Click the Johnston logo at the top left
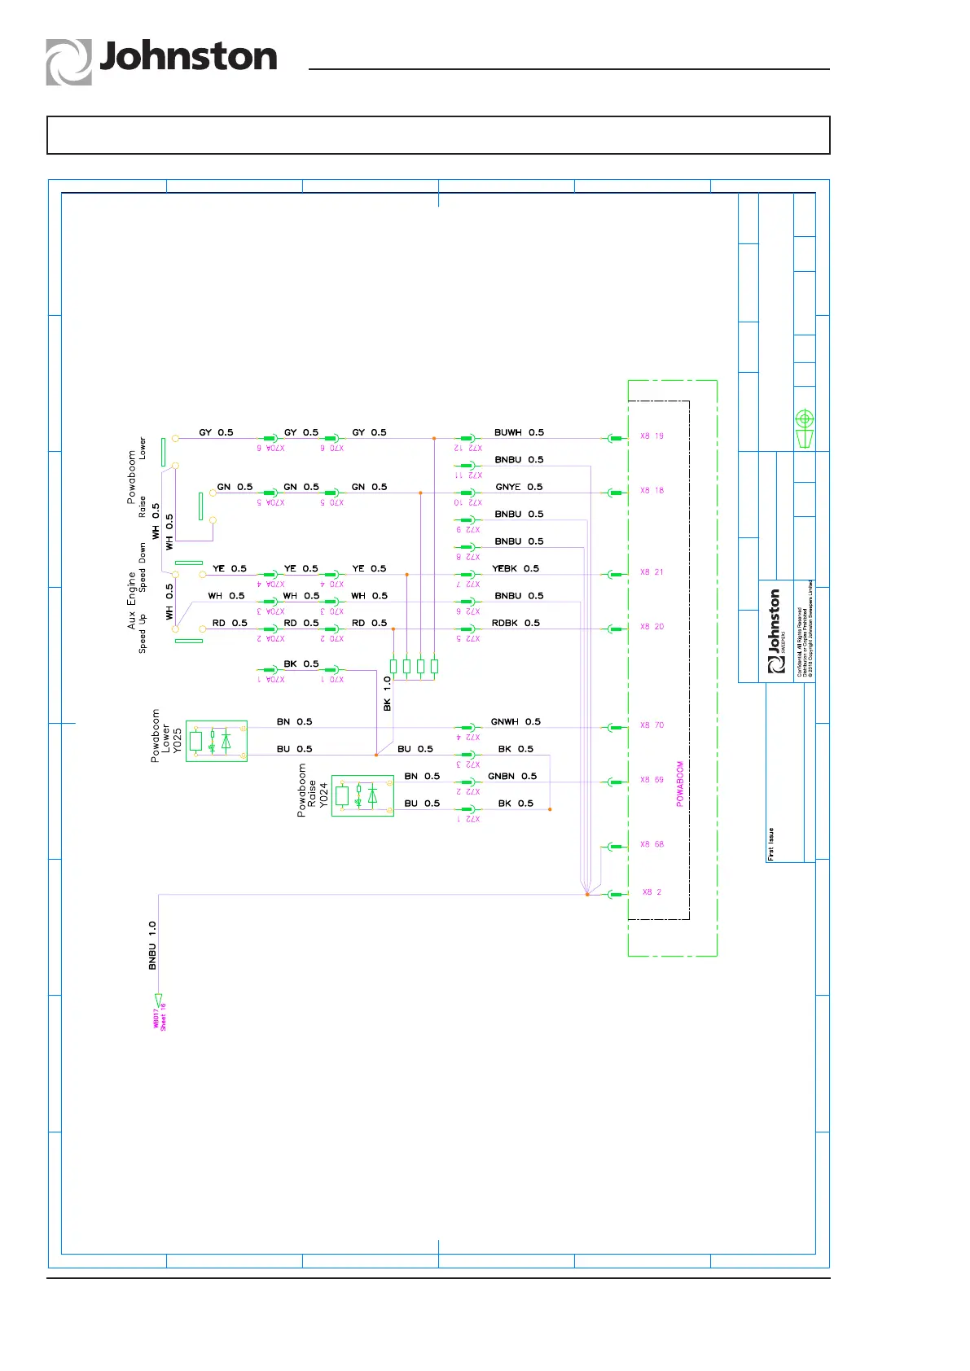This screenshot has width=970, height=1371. coord(161,60)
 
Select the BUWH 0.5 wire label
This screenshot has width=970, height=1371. coord(519,432)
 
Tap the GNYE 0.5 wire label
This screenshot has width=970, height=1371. coord(519,487)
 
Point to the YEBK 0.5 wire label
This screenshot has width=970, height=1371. coord(516,568)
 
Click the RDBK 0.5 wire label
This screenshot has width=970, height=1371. coord(516,623)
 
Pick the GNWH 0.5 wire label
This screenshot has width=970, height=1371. coord(516,721)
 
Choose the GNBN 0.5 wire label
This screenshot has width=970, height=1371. coord(512,776)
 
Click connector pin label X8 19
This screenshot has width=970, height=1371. coord(652,436)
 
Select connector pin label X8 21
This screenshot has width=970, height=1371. coord(652,572)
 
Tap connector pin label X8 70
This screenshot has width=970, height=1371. coord(652,725)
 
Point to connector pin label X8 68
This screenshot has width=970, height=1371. coord(652,844)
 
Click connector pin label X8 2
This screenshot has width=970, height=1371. coord(652,892)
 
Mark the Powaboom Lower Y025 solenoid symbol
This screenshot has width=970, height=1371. coord(216,741)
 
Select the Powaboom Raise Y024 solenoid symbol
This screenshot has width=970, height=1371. coord(362,795)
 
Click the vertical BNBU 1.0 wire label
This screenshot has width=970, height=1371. coord(152,945)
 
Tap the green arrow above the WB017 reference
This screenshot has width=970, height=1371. coord(159,1001)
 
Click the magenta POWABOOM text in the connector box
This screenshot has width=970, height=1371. coord(680,784)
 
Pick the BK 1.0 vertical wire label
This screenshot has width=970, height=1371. coord(387,694)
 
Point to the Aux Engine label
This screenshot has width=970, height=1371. coord(131,600)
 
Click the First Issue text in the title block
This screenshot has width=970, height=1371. coord(770,844)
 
